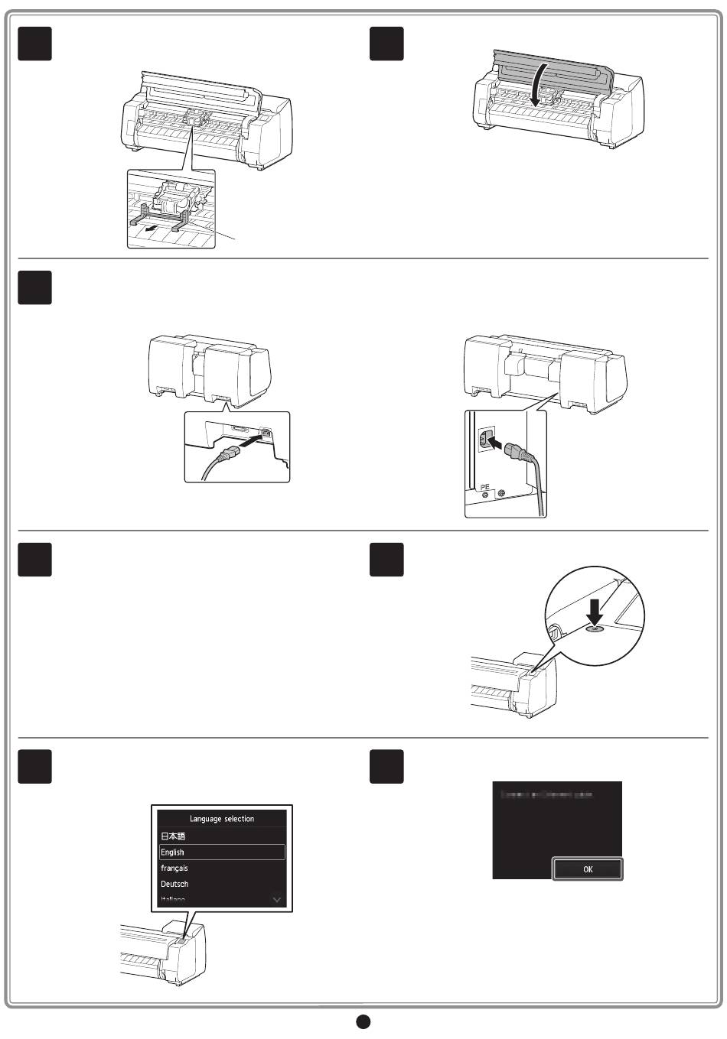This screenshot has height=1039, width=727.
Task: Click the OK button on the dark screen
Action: click(x=588, y=869)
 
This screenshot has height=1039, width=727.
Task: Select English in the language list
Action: click(x=222, y=852)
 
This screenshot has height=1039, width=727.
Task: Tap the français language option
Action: click(x=174, y=868)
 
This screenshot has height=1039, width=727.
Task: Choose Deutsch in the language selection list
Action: click(x=174, y=884)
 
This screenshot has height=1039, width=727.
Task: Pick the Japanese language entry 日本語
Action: click(x=173, y=836)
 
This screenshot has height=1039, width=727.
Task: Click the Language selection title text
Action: click(x=222, y=819)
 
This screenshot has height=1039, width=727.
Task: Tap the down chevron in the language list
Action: click(x=277, y=900)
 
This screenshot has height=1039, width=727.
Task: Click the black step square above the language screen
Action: click(x=35, y=766)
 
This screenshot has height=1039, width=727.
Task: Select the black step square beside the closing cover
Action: click(x=386, y=44)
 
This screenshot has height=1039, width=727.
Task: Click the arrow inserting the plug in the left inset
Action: click(x=248, y=442)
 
